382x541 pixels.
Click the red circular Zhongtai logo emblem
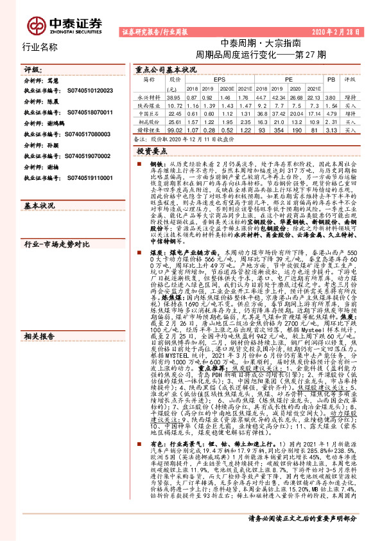35,24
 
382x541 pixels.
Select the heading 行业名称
40,47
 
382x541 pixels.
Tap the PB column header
331,78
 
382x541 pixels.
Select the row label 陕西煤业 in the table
148,104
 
